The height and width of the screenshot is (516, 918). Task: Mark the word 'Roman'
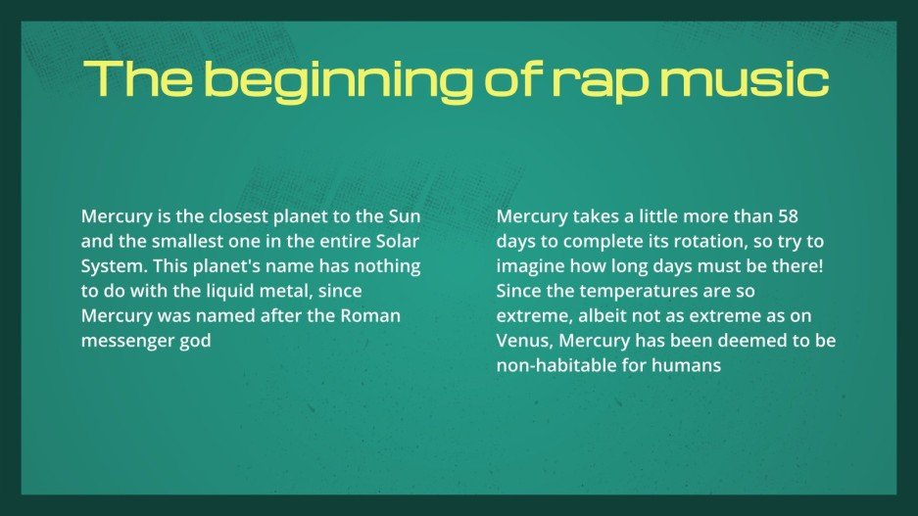(x=371, y=317)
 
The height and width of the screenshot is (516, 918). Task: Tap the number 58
(x=788, y=215)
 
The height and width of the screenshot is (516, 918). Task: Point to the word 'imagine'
(x=530, y=266)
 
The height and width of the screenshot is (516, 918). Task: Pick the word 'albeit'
(x=613, y=317)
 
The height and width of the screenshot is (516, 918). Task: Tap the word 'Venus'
(x=524, y=343)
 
